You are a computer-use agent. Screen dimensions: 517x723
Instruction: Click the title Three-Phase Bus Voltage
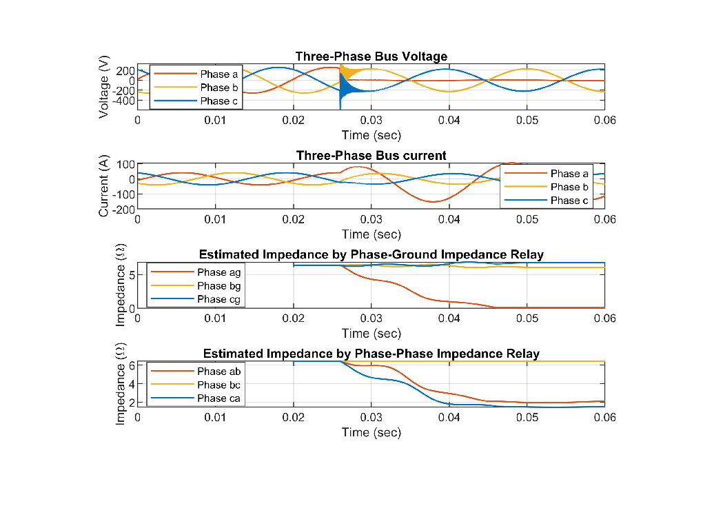[x=371, y=57]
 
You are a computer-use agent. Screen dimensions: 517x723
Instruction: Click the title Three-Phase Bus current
[x=371, y=156]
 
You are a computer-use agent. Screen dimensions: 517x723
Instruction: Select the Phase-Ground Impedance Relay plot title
[x=371, y=255]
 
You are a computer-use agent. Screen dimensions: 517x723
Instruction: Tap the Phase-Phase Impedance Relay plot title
[x=371, y=354]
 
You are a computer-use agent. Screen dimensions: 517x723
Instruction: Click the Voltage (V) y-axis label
[x=104, y=88]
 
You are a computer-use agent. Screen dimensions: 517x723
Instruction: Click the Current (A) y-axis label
[x=104, y=187]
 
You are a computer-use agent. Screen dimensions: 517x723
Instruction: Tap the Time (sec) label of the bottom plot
[x=371, y=432]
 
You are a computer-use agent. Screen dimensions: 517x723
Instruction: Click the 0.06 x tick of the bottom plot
[x=604, y=418]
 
